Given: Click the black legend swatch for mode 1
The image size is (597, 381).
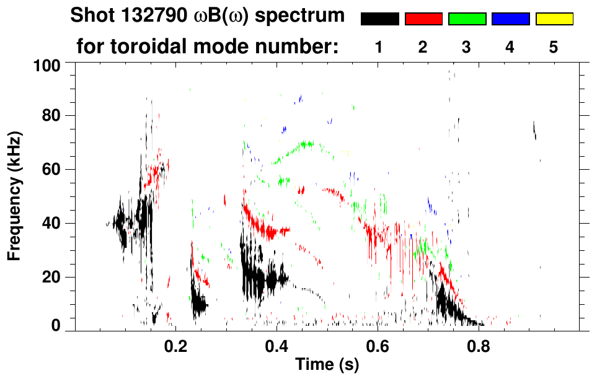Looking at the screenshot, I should (x=379, y=19).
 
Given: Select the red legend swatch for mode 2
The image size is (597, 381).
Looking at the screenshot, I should (x=423, y=19).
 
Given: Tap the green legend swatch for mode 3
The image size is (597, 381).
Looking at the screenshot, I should (x=467, y=19).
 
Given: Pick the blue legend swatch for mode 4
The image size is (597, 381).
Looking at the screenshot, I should (x=510, y=19).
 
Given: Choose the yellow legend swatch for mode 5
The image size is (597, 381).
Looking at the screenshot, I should (x=554, y=19).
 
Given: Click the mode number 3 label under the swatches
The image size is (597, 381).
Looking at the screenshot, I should (x=467, y=48).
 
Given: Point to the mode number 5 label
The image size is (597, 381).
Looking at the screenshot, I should (x=554, y=48).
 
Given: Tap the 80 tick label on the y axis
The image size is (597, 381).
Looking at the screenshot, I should (x=54, y=116).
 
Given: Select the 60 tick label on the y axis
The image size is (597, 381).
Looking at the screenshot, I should (x=54, y=170).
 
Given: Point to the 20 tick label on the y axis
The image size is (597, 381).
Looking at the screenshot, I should (x=54, y=278).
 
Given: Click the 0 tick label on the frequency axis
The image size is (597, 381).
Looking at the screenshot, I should (x=58, y=326).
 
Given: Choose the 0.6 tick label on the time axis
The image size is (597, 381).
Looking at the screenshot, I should (x=377, y=346).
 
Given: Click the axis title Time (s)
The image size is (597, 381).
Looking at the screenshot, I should (x=327, y=366).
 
